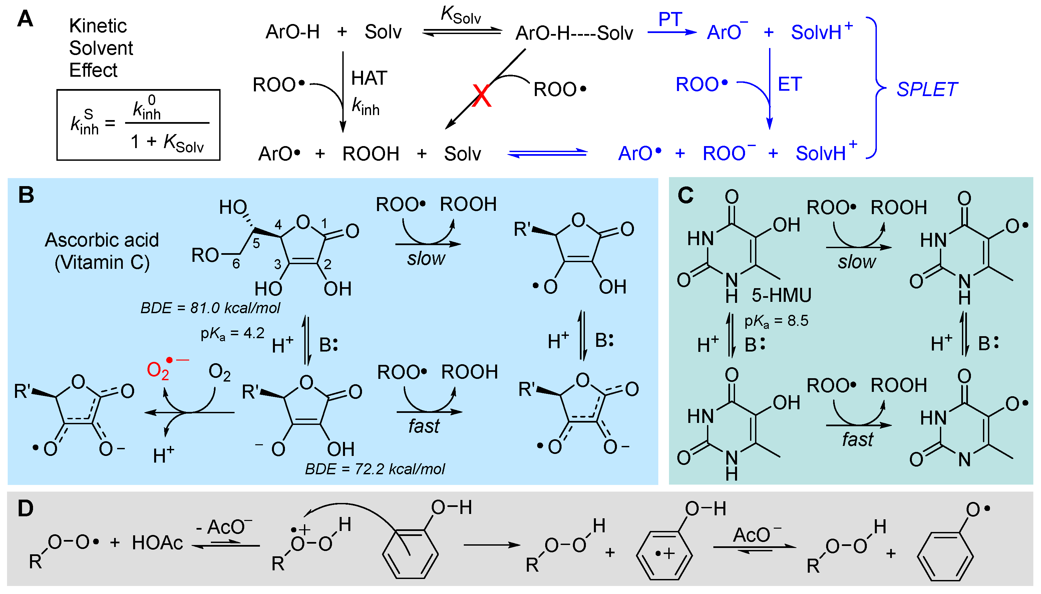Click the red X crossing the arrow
(481, 95)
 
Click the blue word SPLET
(926, 90)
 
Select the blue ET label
(790, 84)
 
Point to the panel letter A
(25, 19)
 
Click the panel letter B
(26, 195)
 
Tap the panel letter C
(686, 195)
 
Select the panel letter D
(26, 509)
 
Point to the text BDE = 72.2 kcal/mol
(375, 469)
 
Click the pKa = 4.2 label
(232, 334)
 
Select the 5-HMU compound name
(781, 295)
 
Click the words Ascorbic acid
(102, 240)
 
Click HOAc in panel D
(157, 543)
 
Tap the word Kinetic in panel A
(98, 26)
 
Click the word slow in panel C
(857, 261)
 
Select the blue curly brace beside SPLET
(875, 88)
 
